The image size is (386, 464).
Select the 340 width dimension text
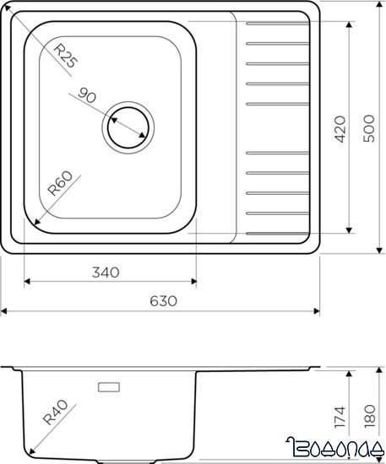pos(105,272)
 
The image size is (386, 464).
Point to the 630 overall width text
pos(162,301)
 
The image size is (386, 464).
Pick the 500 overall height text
pos(369,128)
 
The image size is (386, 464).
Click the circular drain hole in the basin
pos(128,127)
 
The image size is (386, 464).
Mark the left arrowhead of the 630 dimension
pos(3,312)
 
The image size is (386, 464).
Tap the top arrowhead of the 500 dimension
pos(377,4)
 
